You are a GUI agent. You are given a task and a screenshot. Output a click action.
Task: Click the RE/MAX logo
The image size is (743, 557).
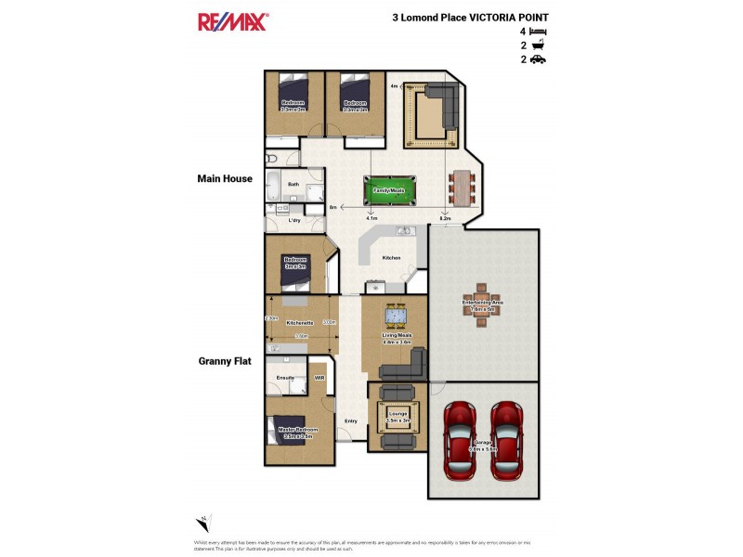pyautogui.click(x=232, y=21)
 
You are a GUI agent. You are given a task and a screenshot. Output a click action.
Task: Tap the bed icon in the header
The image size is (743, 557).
pyautogui.click(x=539, y=31)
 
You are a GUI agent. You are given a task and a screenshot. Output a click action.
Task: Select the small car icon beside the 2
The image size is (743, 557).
pyautogui.click(x=539, y=59)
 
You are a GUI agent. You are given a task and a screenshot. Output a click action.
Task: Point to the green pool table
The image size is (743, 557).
pyautogui.click(x=389, y=189)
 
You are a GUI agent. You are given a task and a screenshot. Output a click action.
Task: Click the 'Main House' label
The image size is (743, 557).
pyautogui.click(x=224, y=179)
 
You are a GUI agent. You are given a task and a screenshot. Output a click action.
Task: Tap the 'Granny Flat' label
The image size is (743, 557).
pyautogui.click(x=224, y=361)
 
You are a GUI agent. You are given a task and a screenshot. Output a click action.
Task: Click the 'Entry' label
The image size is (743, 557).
pyautogui.click(x=351, y=421)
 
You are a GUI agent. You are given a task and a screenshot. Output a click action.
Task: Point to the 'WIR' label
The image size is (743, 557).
pyautogui.click(x=319, y=378)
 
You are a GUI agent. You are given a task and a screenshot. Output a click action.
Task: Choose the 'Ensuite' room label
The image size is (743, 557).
pyautogui.click(x=286, y=378)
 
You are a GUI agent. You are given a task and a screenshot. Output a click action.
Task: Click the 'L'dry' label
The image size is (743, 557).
pyautogui.click(x=294, y=221)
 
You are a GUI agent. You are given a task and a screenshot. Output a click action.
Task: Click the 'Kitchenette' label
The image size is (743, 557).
pyautogui.click(x=299, y=322)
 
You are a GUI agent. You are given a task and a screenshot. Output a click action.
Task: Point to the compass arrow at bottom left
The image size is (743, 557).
pyautogui.click(x=203, y=523)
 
